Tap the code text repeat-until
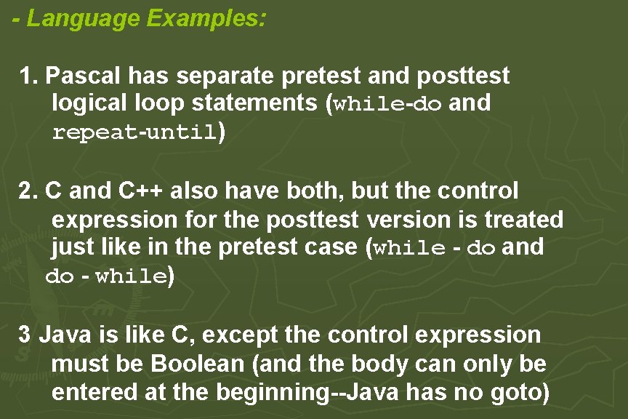[x=134, y=133]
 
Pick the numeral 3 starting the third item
[x=25, y=335]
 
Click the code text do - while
[x=106, y=276]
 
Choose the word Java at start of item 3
[x=62, y=335]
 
